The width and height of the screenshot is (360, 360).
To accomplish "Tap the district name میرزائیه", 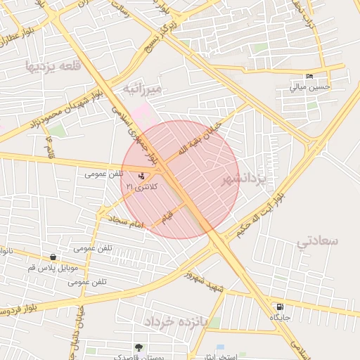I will point(143,89).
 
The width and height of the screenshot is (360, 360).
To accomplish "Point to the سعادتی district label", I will point(318,241).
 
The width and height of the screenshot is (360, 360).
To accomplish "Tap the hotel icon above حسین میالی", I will point(309,77).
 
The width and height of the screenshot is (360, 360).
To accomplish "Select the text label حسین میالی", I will point(309,88).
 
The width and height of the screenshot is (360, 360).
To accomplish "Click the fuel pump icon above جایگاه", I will point(281,307).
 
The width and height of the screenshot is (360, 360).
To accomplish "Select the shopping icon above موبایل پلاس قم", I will point(54,257).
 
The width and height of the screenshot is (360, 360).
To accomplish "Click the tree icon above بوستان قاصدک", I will point(139,347).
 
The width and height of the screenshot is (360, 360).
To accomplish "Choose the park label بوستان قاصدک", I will point(139,356).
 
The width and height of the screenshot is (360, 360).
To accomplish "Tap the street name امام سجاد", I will point(127,222).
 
